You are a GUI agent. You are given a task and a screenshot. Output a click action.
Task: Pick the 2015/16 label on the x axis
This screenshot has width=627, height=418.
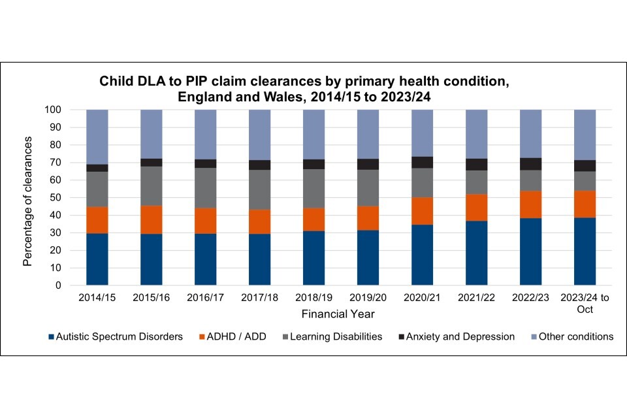coord(152,298)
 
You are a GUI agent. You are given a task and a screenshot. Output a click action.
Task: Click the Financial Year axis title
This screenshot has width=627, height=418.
coord(338,315)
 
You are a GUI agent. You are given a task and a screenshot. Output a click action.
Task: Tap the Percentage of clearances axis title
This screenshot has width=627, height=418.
coord(28,197)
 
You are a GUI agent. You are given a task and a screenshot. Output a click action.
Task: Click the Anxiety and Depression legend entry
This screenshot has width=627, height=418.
coord(455,337)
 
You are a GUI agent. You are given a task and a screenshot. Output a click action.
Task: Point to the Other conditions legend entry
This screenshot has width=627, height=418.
coord(570,337)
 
